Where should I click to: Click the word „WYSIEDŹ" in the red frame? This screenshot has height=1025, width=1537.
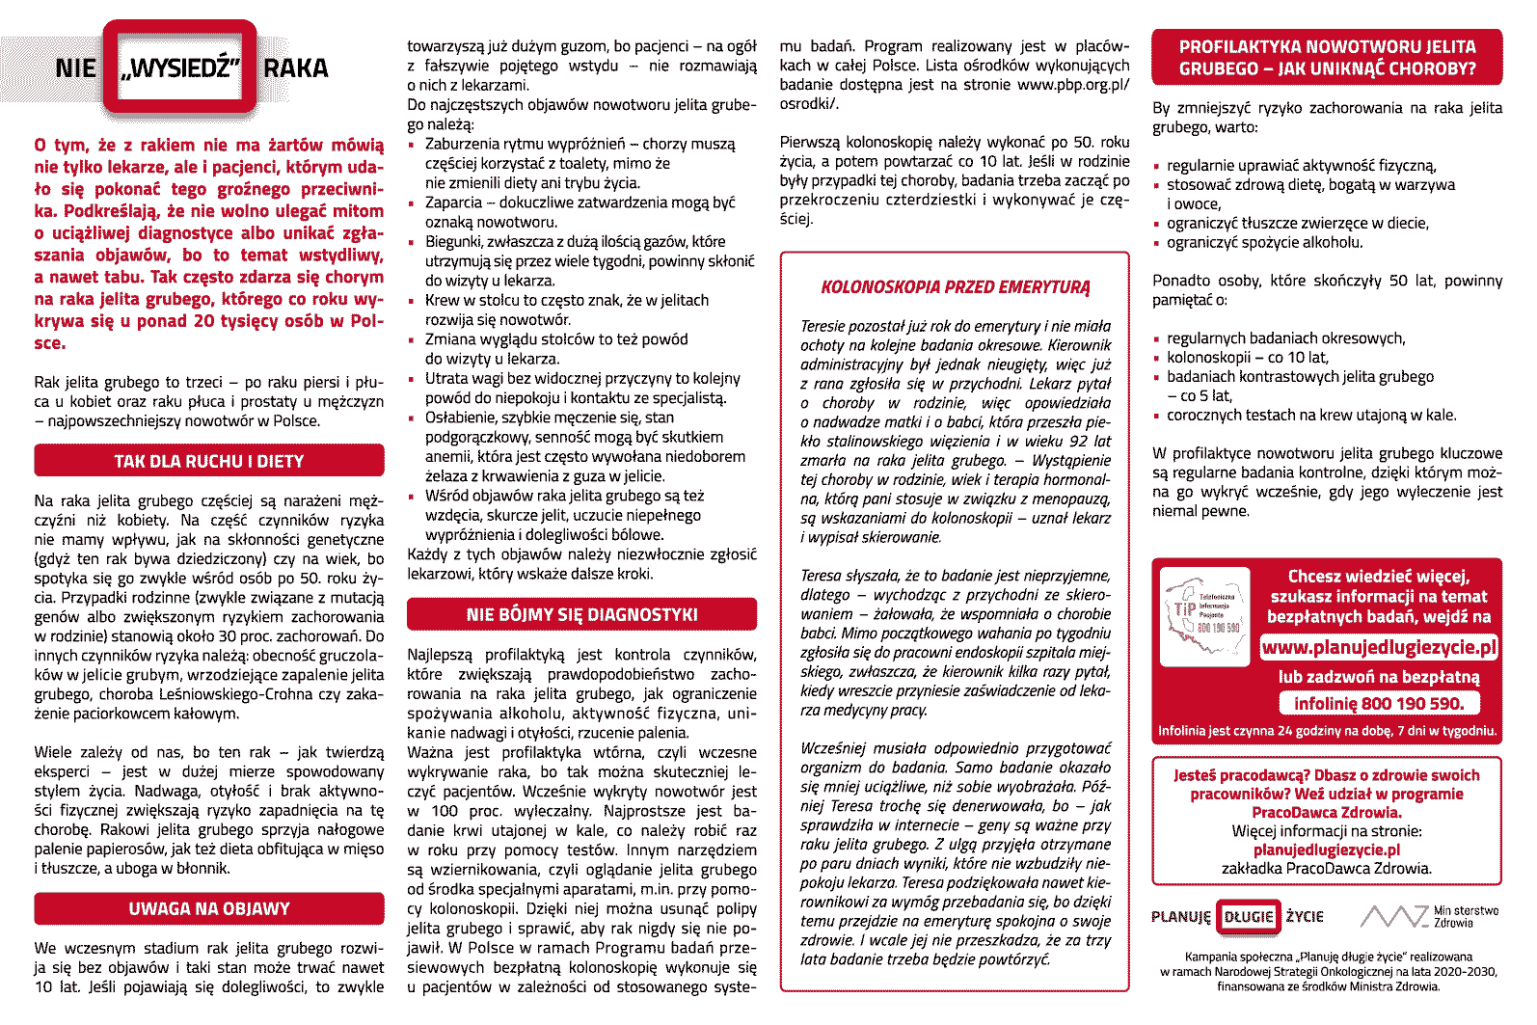(179, 68)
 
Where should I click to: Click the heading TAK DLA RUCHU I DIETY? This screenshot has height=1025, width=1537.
(208, 461)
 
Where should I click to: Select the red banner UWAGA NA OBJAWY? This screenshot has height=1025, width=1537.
(208, 908)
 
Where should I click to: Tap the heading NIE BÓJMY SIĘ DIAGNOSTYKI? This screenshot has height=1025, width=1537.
(581, 614)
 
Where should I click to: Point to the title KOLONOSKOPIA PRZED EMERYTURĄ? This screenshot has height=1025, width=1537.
(955, 287)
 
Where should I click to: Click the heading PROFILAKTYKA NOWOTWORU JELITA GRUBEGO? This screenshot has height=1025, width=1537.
(1327, 58)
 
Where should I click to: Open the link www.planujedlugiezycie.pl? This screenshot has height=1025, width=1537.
(1379, 647)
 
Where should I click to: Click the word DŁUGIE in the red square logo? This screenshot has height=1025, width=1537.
(1248, 917)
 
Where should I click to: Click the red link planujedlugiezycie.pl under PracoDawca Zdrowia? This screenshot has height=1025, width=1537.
(1326, 850)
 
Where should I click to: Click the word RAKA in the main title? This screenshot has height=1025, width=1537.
(296, 68)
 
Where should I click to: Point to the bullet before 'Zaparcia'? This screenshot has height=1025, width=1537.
(414, 203)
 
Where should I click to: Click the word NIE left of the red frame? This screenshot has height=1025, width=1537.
(75, 68)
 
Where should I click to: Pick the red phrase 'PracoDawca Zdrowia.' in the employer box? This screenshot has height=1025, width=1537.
(1326, 812)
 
